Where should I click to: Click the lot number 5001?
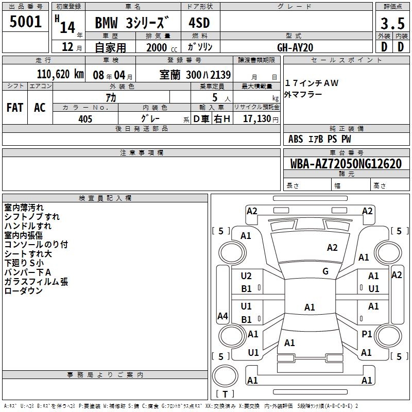point(25,22)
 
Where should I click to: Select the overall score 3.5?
point(392,24)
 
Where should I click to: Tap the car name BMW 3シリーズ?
point(132,23)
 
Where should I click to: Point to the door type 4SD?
point(200,23)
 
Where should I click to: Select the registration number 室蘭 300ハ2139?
point(195,74)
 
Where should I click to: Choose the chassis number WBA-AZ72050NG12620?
point(346,164)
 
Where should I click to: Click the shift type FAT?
point(14,107)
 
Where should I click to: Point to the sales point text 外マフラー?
point(303,94)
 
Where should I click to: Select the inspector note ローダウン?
point(23,291)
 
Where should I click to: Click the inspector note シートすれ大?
point(28,254)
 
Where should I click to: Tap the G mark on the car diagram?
point(325,271)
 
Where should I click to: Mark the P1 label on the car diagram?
point(367,334)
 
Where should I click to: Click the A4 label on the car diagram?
point(222,316)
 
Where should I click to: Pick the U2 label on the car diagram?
point(246,276)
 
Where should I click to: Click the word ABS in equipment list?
point(296,139)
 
